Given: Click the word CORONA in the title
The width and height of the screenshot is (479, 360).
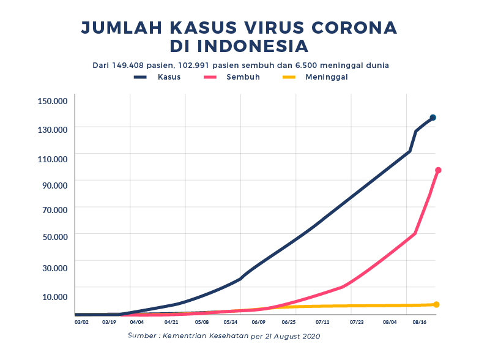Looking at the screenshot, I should pos(352,28).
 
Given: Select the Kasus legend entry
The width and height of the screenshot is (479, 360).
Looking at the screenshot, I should pos(169,77).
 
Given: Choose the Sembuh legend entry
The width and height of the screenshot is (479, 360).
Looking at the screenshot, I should pos(243,77).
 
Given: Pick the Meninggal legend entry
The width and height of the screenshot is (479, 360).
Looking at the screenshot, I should pos(327,77).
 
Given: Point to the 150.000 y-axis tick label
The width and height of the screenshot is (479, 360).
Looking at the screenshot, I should pos(52,102).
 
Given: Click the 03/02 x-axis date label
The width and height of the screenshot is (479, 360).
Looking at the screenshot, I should pos(81,321).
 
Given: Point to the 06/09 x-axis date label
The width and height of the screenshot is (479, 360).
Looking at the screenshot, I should pos(258,321).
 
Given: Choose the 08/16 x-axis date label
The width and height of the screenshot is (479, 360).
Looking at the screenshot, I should pos(420,321).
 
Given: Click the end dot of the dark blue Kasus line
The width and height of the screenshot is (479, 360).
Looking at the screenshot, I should pos(433,118).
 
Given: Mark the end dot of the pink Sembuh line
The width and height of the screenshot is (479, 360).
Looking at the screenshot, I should pos(438,170).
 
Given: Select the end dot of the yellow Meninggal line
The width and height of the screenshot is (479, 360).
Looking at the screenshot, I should pos(436,304).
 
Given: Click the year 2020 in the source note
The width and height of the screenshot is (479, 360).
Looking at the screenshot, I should pos(310,336).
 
